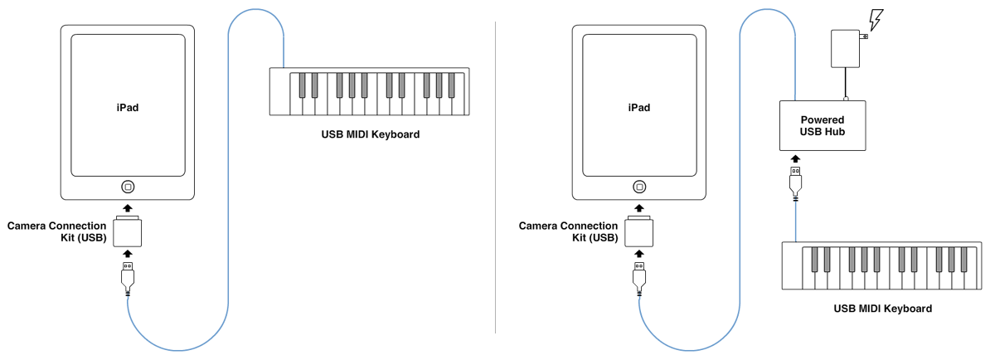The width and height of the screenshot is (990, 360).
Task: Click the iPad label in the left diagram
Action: point(127,107)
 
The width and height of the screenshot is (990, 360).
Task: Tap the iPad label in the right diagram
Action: point(638,107)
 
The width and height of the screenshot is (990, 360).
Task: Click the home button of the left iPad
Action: point(127,187)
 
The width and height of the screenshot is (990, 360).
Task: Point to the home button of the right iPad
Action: point(638,187)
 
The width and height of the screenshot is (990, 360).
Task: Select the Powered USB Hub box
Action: point(822,125)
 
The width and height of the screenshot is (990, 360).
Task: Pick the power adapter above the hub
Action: point(846,48)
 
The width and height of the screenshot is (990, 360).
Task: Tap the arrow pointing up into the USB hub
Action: point(795,158)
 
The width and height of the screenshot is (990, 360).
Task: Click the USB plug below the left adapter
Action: point(127,276)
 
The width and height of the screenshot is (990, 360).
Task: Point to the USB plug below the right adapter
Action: point(638,276)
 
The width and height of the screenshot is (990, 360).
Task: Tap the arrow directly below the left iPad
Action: point(127,207)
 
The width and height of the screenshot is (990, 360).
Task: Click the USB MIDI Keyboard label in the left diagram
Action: point(371,134)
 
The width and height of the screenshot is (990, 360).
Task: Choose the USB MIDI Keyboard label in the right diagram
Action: point(882,309)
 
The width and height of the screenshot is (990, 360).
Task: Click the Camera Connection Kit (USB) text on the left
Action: point(56,231)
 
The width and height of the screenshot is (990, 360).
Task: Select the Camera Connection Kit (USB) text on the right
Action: point(568,231)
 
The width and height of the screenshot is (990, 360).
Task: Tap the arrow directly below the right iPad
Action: point(638,207)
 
